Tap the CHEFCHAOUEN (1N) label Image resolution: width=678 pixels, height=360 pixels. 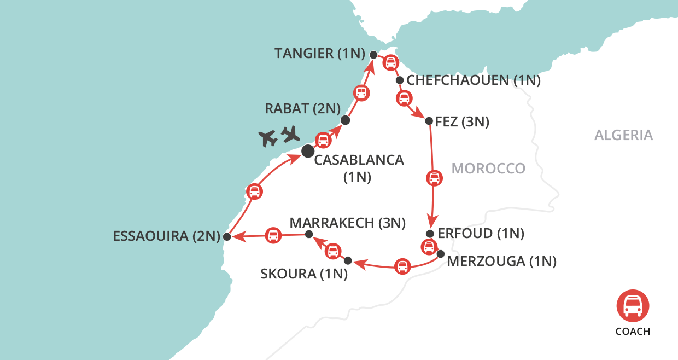click(474, 81)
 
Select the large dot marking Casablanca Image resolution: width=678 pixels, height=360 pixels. click(308, 150)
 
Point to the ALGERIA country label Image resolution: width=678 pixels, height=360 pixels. click(623, 135)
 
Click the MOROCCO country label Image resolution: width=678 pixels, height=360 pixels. click(488, 169)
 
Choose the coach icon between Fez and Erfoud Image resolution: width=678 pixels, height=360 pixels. click(434, 178)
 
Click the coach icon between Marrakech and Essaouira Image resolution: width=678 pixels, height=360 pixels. click(273, 236)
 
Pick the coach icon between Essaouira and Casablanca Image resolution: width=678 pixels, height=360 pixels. click(254, 191)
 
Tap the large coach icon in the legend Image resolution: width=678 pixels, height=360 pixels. click(633, 305)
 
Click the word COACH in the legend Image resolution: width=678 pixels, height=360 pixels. click(633, 331)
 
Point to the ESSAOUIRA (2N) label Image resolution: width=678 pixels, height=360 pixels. click(166, 236)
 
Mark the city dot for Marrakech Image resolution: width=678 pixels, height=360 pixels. click(308, 234)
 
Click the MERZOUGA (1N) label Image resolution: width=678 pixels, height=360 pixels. click(501, 262)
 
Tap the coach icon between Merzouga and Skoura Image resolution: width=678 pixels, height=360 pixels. click(402, 267)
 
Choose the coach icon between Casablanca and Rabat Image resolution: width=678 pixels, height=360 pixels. click(323, 141)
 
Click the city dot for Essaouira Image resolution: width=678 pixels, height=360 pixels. click(226, 237)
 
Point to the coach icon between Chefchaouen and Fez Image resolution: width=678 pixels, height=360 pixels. click(404, 99)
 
